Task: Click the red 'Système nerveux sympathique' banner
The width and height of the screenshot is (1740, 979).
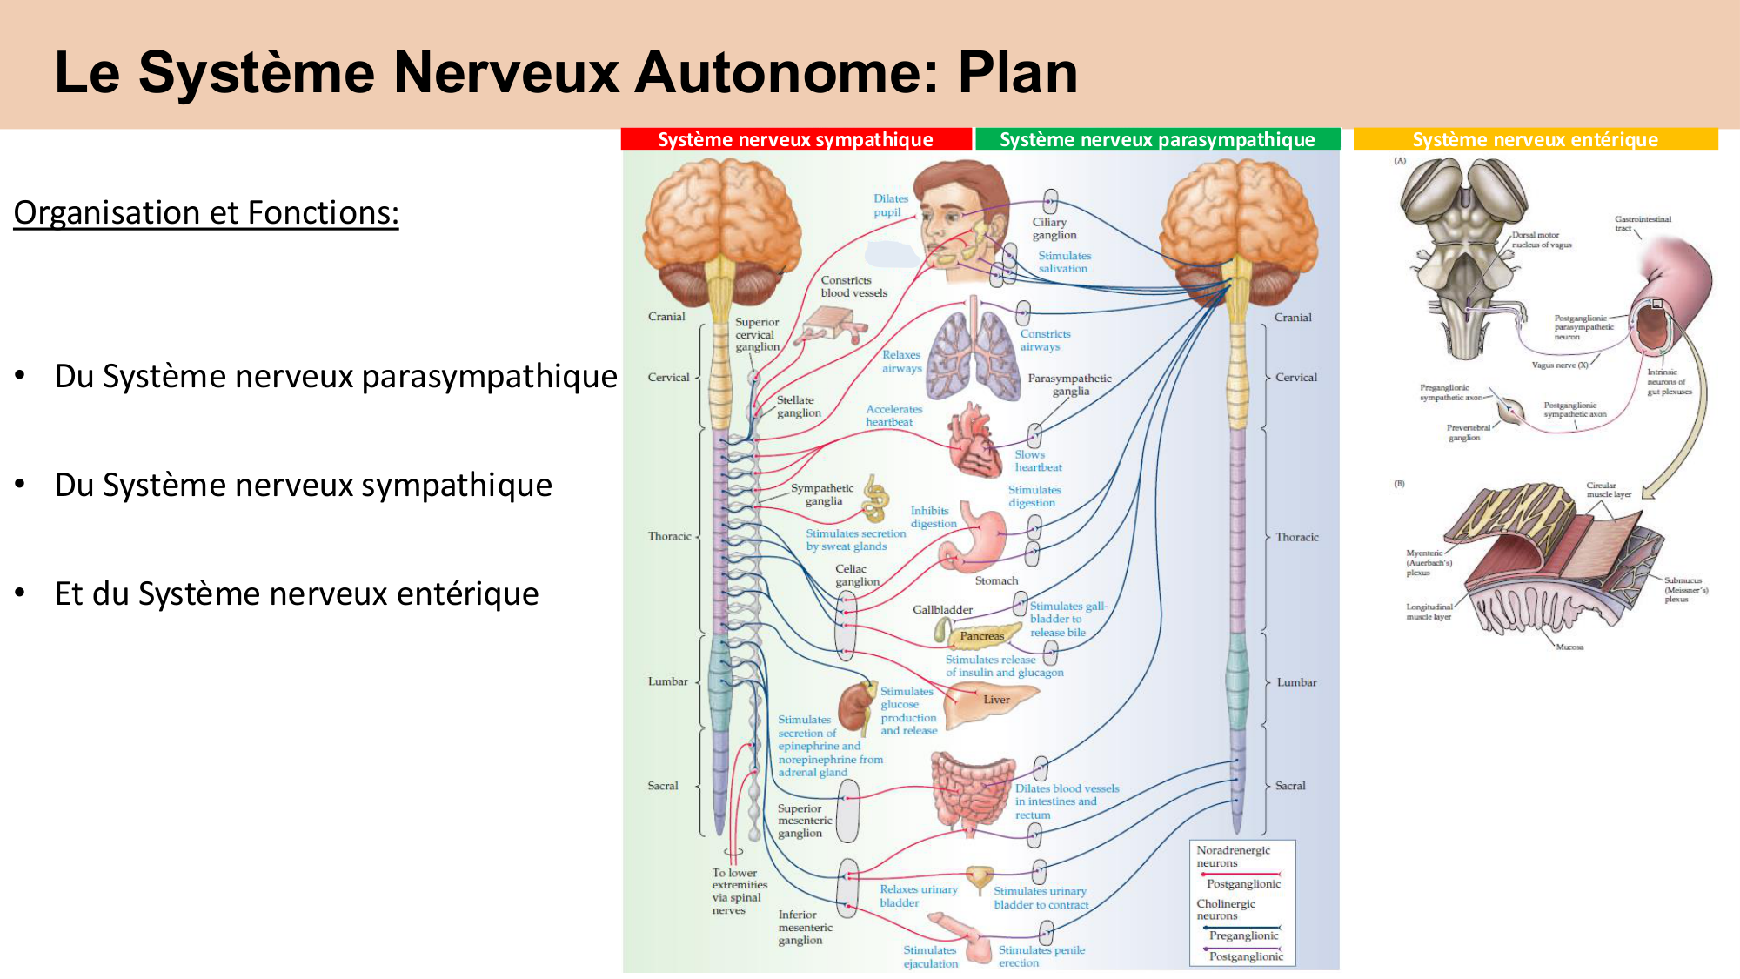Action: tap(795, 139)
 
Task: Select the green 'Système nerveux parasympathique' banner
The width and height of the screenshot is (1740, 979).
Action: tap(1157, 139)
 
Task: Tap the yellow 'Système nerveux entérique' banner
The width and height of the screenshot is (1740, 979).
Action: tap(1535, 139)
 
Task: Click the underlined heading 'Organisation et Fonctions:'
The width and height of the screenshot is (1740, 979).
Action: tap(206, 213)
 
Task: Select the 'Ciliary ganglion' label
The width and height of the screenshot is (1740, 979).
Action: tap(1054, 229)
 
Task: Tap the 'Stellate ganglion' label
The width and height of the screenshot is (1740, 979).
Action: tap(798, 406)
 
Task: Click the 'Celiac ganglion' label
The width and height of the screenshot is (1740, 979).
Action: tap(856, 575)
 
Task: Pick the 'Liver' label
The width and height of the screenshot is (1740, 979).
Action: tap(996, 700)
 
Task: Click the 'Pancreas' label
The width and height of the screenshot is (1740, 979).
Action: tap(981, 636)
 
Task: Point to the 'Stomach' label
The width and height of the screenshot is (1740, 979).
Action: tap(996, 580)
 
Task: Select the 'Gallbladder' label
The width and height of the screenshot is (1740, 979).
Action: tap(942, 610)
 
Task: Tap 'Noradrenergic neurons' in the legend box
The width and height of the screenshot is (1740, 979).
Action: tap(1232, 856)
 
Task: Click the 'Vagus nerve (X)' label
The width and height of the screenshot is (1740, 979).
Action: tap(1559, 365)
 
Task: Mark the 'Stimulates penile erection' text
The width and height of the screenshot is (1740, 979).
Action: tap(1041, 956)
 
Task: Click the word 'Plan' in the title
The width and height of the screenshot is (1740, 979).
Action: tap(1017, 72)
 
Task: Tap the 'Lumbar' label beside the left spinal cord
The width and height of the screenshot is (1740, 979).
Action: tap(667, 681)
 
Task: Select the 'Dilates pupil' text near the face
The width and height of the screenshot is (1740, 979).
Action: tap(890, 205)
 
